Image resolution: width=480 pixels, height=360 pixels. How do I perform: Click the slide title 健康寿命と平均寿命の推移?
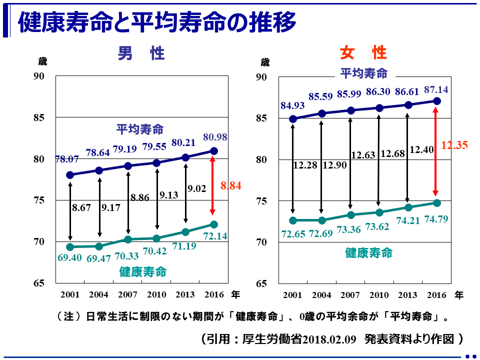[x=156, y=22]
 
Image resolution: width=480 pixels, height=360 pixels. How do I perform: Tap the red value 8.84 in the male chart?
[x=231, y=186]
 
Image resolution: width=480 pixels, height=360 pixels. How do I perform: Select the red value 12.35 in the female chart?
[x=454, y=145]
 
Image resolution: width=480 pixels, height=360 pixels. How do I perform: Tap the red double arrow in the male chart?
[x=212, y=186]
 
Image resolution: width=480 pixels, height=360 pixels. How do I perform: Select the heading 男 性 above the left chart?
[x=141, y=53]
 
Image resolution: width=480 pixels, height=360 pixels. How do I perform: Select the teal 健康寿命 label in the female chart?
[x=369, y=253]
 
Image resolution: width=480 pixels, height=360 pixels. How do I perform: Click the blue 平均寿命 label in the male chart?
[x=140, y=129]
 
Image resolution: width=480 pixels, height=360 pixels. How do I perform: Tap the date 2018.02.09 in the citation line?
[x=331, y=339]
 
